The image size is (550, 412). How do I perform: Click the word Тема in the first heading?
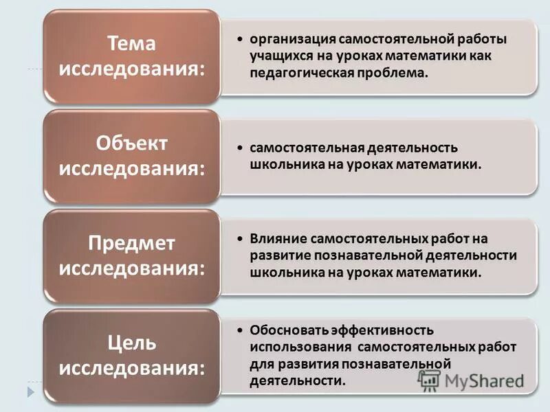[132, 43]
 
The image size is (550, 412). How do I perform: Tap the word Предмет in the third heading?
[132, 243]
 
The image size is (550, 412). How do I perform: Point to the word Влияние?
[276, 240]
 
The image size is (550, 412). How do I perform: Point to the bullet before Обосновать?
[239, 331]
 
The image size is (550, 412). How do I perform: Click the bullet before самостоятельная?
[239, 149]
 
